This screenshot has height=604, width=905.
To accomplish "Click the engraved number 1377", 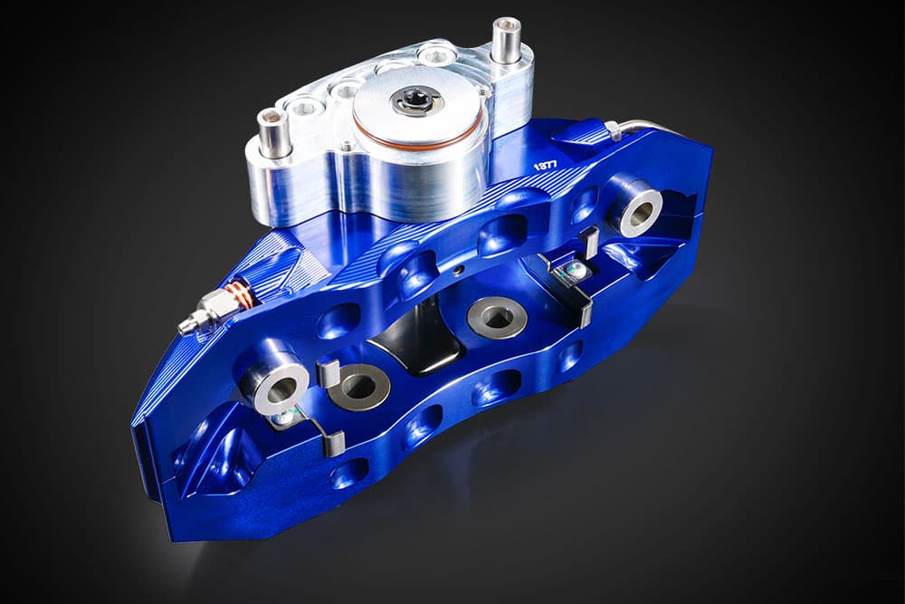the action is (546, 165).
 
